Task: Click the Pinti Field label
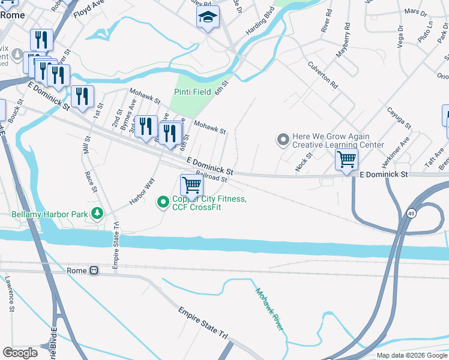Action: (x=193, y=92)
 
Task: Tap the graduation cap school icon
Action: (x=208, y=18)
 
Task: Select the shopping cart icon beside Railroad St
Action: (x=191, y=185)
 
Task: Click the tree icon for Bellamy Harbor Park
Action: (x=96, y=214)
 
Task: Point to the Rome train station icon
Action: (x=94, y=271)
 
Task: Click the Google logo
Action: (x=20, y=353)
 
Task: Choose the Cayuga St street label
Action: (x=399, y=118)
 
